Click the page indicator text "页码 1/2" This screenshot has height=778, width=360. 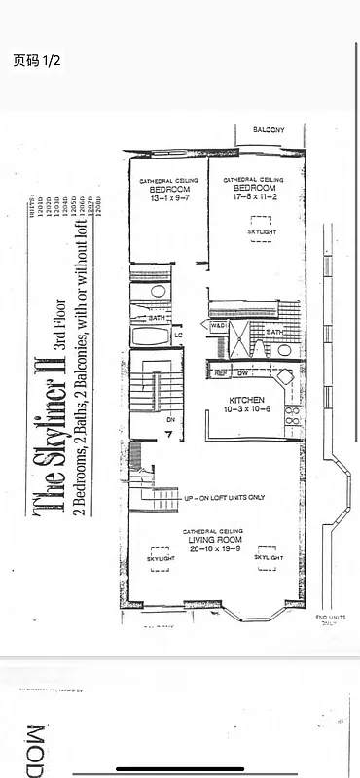[x=37, y=60]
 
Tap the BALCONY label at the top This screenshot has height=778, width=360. [x=269, y=129]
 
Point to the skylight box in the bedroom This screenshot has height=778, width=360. [x=261, y=239]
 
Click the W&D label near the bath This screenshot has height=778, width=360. [x=219, y=326]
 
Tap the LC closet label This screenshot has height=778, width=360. [x=178, y=336]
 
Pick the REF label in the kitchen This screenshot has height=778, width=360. [x=221, y=372]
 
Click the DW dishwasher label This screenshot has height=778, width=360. [x=244, y=372]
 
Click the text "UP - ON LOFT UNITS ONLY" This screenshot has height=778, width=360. [x=224, y=498]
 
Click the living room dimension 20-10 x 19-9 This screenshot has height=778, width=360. [x=213, y=548]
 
